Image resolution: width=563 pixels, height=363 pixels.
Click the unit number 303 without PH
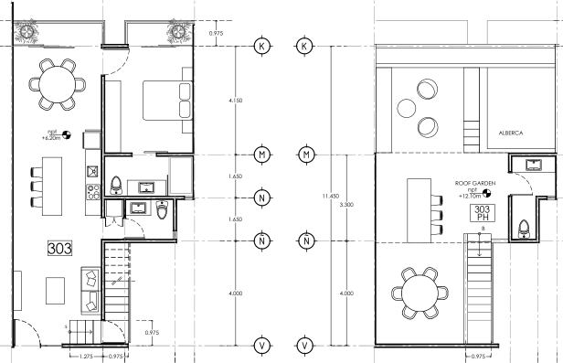tap(59, 249)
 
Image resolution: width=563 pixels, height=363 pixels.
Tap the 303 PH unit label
tap(483, 213)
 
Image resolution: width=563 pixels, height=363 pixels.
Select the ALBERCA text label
tap(511, 133)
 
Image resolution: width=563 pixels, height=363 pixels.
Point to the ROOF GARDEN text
tap(475, 183)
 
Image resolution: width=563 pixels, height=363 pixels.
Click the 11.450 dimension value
tap(330, 196)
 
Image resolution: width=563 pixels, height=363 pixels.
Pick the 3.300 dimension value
tap(346, 205)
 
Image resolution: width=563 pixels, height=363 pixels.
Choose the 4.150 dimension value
tap(235, 101)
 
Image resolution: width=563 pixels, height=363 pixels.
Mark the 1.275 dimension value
tap(86, 357)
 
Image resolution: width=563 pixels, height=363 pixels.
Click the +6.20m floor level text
tap(51, 138)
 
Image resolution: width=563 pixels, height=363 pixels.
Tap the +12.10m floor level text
tap(470, 196)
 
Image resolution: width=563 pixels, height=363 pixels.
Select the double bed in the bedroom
tap(167, 101)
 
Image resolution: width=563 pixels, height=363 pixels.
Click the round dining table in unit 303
tap(57, 84)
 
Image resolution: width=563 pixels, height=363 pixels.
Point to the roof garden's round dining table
tap(420, 293)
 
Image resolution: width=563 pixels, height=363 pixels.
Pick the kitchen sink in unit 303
tap(93, 171)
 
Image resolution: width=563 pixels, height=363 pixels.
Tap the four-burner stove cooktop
tap(93, 192)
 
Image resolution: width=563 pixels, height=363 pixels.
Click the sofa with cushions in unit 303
tap(90, 291)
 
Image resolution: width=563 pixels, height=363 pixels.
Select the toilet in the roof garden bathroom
tap(524, 230)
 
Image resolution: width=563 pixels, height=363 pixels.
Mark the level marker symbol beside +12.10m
tap(486, 194)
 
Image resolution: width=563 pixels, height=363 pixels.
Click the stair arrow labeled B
tap(479, 244)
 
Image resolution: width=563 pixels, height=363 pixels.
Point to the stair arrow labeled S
tap(80, 332)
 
